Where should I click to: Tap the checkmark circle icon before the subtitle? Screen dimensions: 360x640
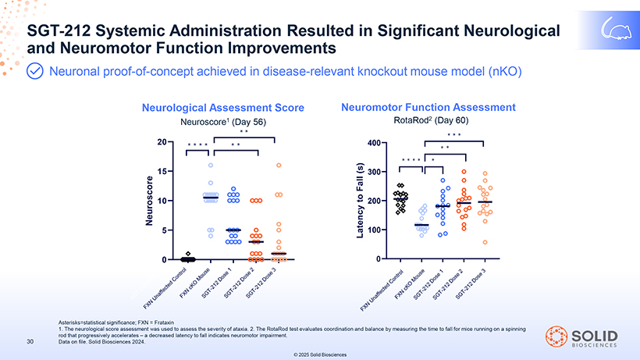(36, 72)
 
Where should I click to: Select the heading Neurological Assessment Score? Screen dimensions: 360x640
(222, 107)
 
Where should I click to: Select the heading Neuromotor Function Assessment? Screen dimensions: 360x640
(428, 106)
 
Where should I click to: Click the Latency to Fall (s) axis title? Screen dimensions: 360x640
(361, 201)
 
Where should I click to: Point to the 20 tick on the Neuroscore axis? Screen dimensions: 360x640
(161, 142)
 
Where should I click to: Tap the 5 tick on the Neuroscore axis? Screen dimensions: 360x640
(163, 230)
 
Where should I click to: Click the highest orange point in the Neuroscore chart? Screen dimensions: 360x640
(278, 166)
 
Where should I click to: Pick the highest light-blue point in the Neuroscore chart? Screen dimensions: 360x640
(211, 166)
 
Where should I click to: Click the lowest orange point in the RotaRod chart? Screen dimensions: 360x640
(485, 242)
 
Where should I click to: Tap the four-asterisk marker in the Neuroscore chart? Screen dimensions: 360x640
(198, 146)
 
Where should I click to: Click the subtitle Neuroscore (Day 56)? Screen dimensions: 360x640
(222, 123)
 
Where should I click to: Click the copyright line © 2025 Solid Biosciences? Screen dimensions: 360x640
(320, 355)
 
